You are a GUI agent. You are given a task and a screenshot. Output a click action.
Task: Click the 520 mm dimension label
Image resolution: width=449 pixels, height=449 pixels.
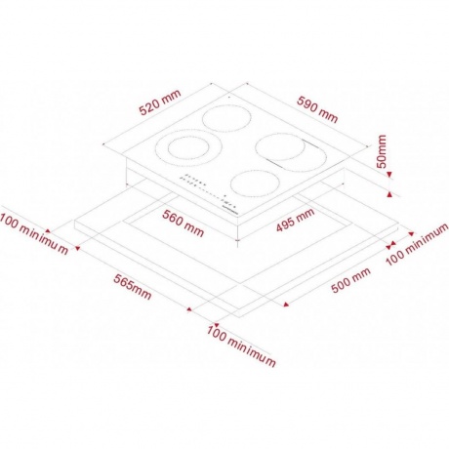tap(159, 102)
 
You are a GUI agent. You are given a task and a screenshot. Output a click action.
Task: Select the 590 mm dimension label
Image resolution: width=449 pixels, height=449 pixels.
tap(317, 109)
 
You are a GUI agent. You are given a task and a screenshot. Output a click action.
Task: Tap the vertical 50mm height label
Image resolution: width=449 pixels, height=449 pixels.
tap(382, 151)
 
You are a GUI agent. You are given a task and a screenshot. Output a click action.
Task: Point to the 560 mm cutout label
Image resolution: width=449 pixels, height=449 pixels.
tap(184, 224)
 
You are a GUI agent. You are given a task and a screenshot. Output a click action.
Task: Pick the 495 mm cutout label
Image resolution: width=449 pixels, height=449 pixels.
tap(296, 220)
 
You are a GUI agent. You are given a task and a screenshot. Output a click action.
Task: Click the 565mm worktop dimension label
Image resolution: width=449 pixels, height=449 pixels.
tap(133, 287)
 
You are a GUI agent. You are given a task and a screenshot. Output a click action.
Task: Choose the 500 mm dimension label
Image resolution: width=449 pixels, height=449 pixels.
tap(350, 280)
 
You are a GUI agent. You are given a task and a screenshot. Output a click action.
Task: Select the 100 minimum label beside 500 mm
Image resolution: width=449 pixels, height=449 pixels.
tap(417, 244)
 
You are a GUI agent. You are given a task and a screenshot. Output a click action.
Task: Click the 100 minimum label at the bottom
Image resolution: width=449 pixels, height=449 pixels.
tap(241, 346)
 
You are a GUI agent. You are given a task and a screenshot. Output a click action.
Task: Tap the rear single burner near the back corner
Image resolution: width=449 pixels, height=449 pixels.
tap(227, 119)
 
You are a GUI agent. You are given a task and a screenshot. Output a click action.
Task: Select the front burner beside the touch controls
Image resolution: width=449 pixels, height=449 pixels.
tap(255, 183)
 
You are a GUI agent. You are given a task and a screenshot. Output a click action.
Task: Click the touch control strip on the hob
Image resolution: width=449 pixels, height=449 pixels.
tap(208, 193)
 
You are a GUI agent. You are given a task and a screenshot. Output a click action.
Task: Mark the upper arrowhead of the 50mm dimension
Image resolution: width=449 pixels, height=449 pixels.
tap(389, 175)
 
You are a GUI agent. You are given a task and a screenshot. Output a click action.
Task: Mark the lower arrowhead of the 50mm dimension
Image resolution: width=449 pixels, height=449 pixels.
tap(389, 194)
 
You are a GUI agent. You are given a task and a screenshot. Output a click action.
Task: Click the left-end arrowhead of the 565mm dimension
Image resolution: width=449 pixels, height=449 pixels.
tap(77, 249)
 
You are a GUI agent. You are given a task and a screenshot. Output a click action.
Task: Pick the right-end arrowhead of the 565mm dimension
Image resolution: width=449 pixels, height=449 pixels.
tap(189, 309)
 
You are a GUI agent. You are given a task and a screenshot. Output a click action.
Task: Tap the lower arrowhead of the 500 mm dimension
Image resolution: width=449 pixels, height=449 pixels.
tap(286, 305)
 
